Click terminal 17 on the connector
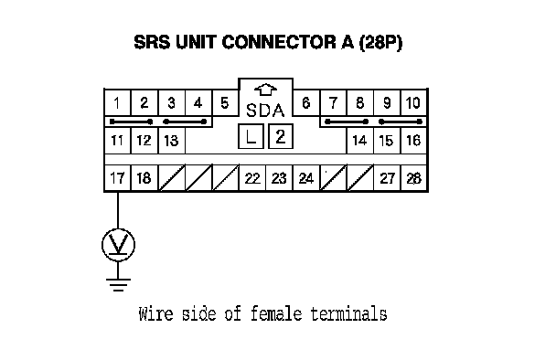point(117,178)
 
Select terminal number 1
point(117,102)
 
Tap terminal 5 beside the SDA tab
point(225,102)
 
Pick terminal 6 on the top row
point(306,102)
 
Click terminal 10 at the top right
point(413,102)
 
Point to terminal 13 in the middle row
point(171,141)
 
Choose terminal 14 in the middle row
point(359,141)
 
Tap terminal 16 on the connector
point(413,141)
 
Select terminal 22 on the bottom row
point(252,178)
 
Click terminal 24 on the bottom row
point(306,178)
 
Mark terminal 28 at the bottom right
point(413,178)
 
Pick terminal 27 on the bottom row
point(387,178)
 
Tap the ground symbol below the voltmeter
point(118,284)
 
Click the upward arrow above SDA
point(265,90)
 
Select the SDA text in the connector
point(265,111)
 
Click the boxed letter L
point(251,136)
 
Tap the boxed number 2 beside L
point(281,136)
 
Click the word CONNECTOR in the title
point(279,42)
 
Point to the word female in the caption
point(276,314)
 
